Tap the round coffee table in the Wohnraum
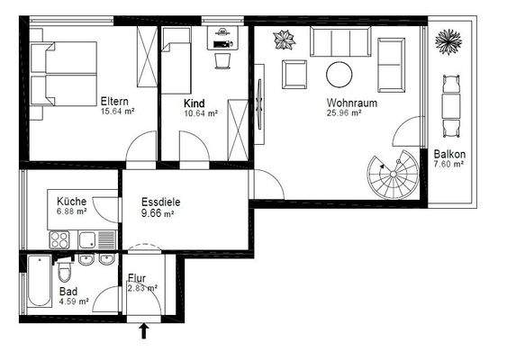[x=340, y=73]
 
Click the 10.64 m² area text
[x=200, y=113]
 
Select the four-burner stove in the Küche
[x=60, y=239]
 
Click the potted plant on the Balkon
[x=448, y=41]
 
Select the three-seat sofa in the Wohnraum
[x=340, y=41]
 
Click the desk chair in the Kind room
[x=222, y=59]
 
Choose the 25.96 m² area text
[x=343, y=113]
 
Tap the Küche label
[x=71, y=202]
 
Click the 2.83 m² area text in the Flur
[x=142, y=288]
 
